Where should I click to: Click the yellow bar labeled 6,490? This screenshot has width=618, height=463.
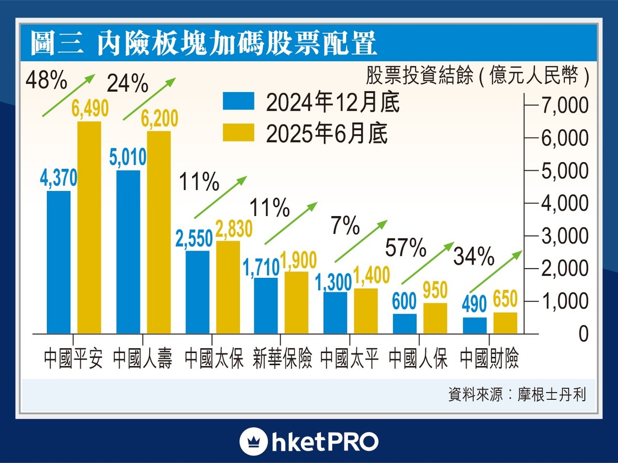click(x=89, y=227)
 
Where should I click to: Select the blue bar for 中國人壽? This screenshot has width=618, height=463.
click(x=128, y=252)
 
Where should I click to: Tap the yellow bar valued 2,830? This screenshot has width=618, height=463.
click(x=228, y=287)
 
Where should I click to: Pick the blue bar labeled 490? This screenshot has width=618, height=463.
click(x=474, y=325)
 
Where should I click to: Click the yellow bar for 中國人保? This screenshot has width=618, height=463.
click(x=435, y=318)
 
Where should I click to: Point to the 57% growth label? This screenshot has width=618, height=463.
click(x=405, y=249)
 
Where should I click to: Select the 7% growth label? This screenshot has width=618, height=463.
click(x=346, y=226)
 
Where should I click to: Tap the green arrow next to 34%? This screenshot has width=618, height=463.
click(x=495, y=272)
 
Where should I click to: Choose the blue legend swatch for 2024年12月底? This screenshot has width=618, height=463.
click(x=238, y=101)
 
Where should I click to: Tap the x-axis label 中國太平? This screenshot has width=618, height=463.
click(x=350, y=359)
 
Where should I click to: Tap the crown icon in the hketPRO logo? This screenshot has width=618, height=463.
click(x=253, y=441)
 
